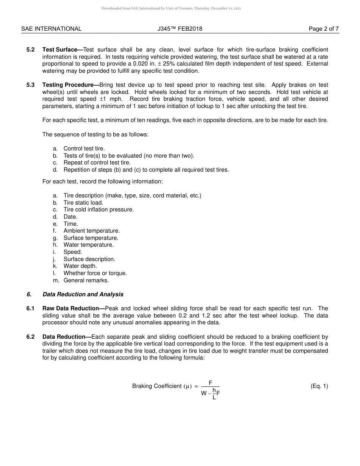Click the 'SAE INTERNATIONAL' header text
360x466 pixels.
(x=51, y=29)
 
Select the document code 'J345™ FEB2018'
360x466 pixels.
(x=180, y=29)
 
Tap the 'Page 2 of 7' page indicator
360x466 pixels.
(x=324, y=29)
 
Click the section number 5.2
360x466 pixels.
(x=31, y=50)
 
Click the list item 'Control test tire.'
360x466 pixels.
(x=84, y=149)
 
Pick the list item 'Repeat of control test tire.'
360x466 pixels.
(x=91, y=163)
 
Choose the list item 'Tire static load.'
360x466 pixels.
(x=83, y=203)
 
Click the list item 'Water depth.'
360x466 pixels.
(x=80, y=266)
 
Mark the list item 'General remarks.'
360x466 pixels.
(x=86, y=280)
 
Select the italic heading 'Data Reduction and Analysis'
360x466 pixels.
(x=83, y=294)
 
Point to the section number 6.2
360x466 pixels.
(x=31, y=337)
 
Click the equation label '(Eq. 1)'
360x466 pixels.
(x=319, y=386)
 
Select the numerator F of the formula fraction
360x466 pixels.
(x=210, y=383)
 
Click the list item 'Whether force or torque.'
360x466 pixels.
(x=95, y=273)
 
